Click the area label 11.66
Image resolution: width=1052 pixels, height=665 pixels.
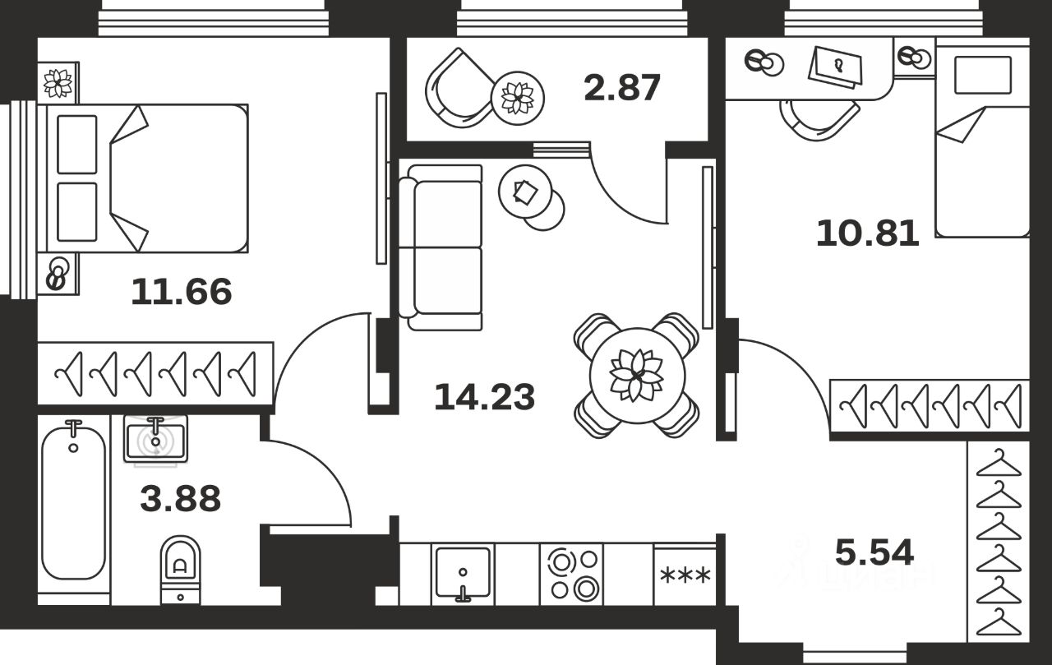coord(182,292)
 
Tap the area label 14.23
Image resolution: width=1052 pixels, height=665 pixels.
coord(484,398)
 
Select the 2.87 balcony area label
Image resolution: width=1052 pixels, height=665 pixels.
coord(622,88)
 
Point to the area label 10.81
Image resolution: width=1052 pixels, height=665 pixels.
coord(867,233)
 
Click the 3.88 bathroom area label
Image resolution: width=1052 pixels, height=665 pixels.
coord(181,498)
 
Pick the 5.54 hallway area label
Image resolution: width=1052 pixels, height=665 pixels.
coord(874,552)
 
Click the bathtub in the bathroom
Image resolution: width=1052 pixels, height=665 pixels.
coord(74,501)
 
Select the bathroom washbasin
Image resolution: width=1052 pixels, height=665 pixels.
coord(155,438)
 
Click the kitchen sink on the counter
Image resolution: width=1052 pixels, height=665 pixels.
coord(463,574)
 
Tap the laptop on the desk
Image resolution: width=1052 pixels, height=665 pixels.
coord(836,65)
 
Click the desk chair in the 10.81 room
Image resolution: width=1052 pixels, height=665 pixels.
coord(819,119)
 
